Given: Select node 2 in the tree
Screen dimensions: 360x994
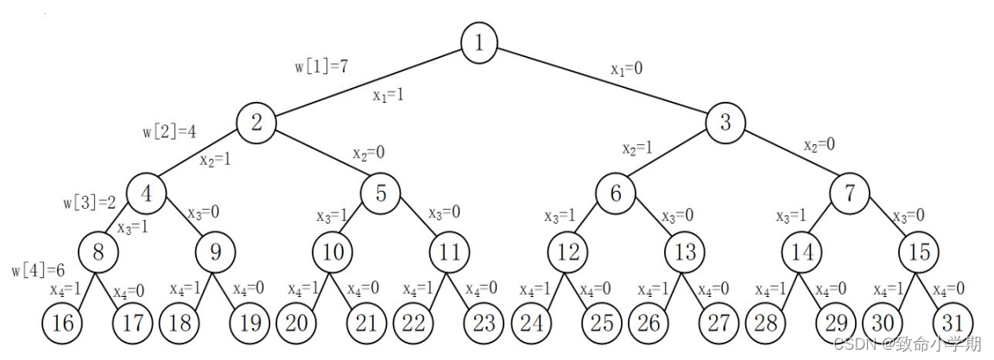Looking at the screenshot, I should coord(256,122).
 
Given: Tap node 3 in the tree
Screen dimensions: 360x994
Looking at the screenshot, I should coord(725,122).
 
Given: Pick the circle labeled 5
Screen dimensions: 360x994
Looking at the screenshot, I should coord(381,193).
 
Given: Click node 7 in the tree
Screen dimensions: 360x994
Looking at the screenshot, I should coord(851,193).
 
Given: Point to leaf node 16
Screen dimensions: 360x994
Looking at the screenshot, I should coord(63,325).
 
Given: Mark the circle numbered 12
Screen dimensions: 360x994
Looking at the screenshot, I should coord(567,252).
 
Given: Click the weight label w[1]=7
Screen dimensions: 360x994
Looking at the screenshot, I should coord(321,66).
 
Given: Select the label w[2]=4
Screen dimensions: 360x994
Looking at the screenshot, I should coord(170,132).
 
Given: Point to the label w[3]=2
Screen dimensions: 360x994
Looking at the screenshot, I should coord(90,204).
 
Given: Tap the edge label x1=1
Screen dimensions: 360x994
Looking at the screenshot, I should coord(388,95).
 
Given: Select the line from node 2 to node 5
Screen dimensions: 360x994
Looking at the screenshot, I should coord(320,157).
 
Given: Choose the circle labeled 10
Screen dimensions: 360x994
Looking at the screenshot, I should coord(333,252).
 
